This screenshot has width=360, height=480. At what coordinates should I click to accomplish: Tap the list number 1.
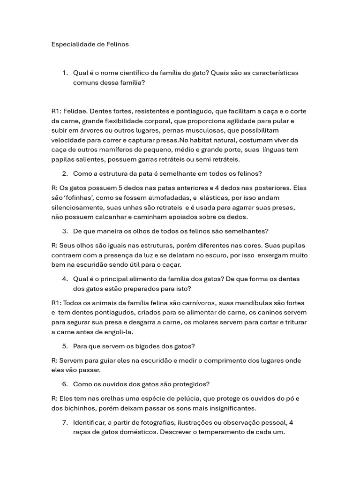click(65, 73)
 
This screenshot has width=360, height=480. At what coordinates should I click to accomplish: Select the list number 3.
click(65, 231)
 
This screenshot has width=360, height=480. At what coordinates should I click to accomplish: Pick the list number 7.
click(65, 422)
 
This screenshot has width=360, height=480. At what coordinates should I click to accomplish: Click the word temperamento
click(228, 432)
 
